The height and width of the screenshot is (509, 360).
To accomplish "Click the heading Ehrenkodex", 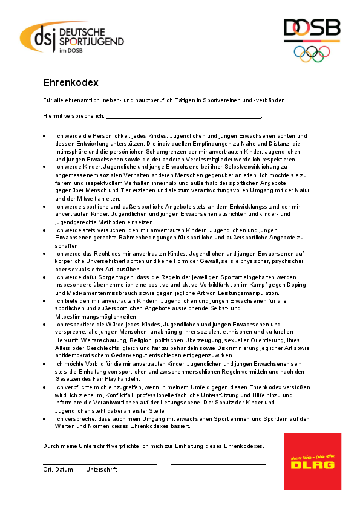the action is pyautogui.click(x=70, y=82).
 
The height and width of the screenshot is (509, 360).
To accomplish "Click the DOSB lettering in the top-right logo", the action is pyautogui.click(x=312, y=29).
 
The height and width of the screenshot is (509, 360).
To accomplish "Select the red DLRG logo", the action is pyautogui.click(x=312, y=461).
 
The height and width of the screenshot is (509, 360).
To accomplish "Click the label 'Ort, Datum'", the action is pyautogui.click(x=57, y=470).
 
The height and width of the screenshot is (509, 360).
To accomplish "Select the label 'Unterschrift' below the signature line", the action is pyautogui.click(x=102, y=470).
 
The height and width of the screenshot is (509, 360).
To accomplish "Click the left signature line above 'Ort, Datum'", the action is pyautogui.click(x=100, y=464).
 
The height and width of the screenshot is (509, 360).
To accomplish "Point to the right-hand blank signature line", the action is pyautogui.click(x=218, y=464).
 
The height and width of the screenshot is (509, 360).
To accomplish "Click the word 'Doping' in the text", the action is pyautogui.click(x=297, y=284).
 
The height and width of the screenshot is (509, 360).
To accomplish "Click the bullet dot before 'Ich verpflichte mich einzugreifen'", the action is pyautogui.click(x=45, y=386).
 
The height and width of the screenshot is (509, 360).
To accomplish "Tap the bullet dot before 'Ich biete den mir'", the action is pyautogui.click(x=45, y=300).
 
